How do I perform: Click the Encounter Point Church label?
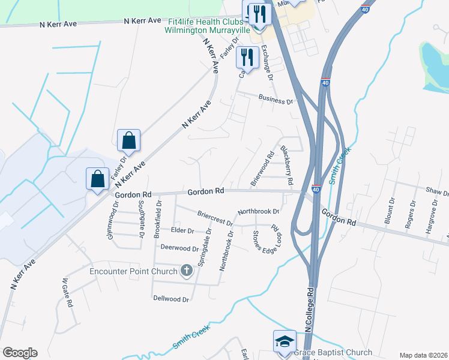(x=133, y=271)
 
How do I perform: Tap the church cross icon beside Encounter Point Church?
(x=186, y=271)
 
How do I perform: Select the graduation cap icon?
(x=285, y=341)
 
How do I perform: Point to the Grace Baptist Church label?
(x=334, y=352)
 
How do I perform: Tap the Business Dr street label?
(x=275, y=98)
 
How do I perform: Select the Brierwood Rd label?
(x=261, y=172)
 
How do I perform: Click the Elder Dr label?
(x=182, y=230)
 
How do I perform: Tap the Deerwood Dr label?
(x=179, y=248)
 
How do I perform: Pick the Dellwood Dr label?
(x=171, y=298)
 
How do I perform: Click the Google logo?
(x=19, y=353)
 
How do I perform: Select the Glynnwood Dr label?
(x=110, y=220)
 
